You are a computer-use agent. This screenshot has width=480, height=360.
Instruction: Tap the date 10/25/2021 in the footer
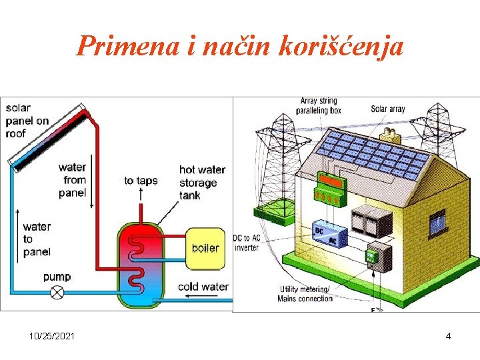click(x=52, y=336)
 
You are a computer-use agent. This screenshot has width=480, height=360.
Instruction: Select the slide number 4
click(x=448, y=336)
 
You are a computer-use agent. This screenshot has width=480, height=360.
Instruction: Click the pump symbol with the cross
click(x=58, y=292)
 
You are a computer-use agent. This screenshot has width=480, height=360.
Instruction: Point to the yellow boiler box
click(x=205, y=248)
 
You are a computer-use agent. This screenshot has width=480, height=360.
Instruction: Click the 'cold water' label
click(x=203, y=287)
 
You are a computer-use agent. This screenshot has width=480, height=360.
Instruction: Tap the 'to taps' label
click(x=141, y=181)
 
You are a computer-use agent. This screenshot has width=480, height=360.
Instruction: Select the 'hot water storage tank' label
click(x=201, y=183)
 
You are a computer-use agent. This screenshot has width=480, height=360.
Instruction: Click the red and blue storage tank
click(x=141, y=264)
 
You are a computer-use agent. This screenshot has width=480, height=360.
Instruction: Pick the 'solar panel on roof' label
click(x=27, y=121)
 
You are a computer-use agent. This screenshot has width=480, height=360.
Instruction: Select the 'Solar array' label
click(x=387, y=109)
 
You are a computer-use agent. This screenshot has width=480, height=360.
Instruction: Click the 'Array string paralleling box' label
click(x=319, y=106)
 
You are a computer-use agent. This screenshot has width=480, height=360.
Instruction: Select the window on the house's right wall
click(x=437, y=222)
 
